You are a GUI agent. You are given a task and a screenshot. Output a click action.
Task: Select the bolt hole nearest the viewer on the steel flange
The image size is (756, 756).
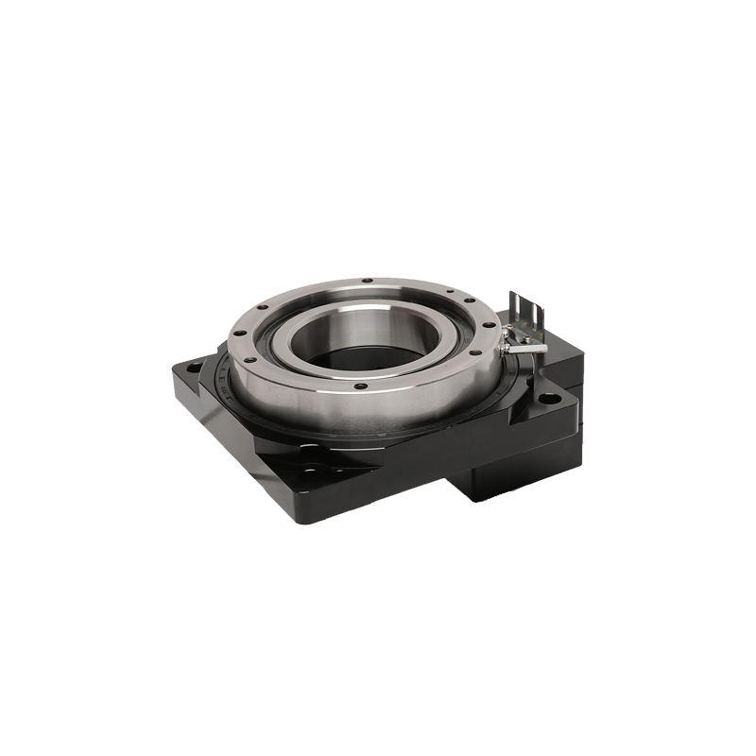[x=360, y=386]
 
